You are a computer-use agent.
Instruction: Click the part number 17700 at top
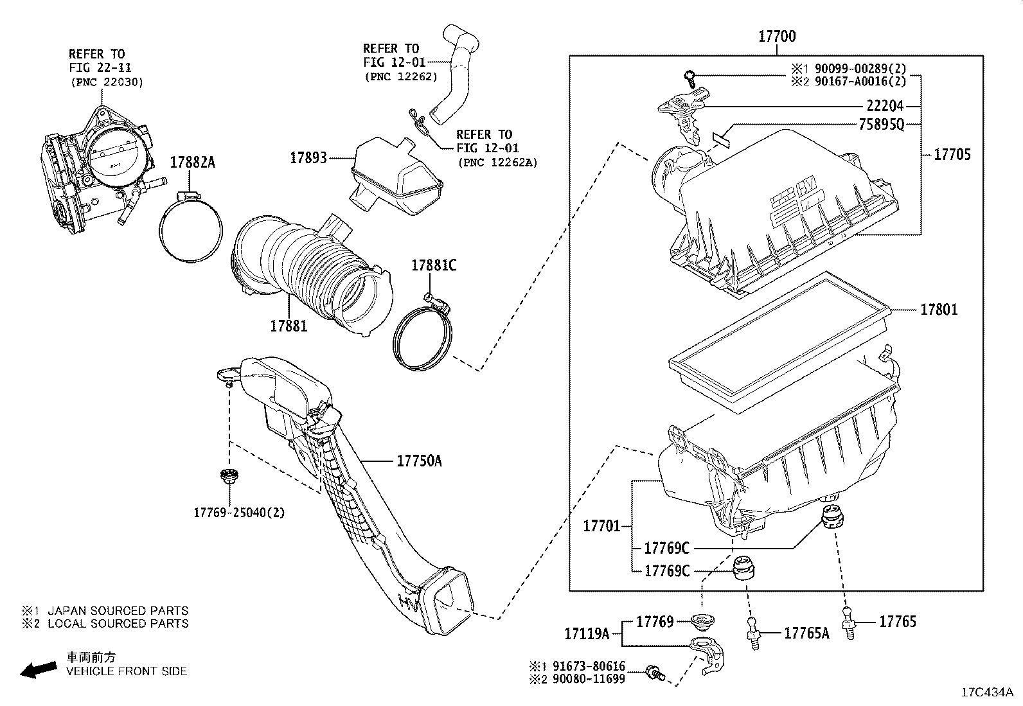[777, 37]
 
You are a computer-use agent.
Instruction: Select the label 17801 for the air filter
[939, 310]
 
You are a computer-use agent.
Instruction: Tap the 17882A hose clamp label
[192, 163]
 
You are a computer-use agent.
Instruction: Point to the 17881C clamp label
[434, 265]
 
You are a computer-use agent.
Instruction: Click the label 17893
[308, 157]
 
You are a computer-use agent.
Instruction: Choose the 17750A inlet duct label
[419, 461]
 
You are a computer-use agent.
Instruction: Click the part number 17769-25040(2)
[239, 513]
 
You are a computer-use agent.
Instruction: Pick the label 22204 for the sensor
[885, 106]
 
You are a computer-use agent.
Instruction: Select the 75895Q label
[881, 125]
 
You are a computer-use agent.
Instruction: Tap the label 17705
[952, 154]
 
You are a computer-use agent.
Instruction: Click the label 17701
[601, 526]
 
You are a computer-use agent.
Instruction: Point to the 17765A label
[806, 633]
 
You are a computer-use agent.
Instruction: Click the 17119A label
[587, 633]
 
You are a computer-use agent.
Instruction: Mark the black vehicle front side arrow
[37, 669]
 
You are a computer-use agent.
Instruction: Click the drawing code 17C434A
[986, 693]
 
